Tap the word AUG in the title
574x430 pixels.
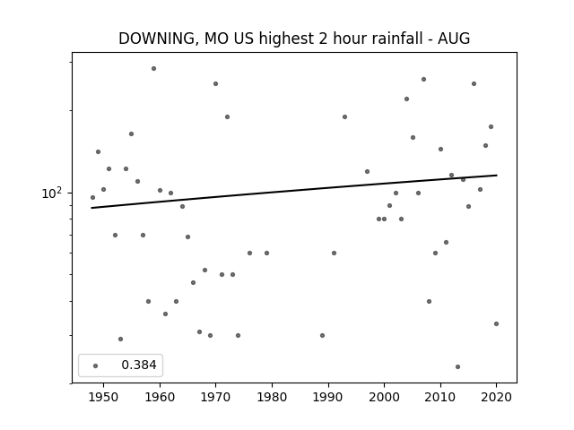pos(454,39)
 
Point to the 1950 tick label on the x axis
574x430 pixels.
pos(104,397)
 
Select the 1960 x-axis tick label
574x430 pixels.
pos(160,397)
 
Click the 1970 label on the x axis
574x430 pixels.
pos(216,397)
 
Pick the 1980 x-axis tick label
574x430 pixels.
pos(272,397)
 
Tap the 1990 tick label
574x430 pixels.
pos(328,397)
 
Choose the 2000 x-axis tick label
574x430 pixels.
pos(384,397)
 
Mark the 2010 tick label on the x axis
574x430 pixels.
pos(440,397)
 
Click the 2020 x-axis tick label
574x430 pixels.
pos(496,397)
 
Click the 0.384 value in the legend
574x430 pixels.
pos(139,365)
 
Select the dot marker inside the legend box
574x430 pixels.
pos(95,365)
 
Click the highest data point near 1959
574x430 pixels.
pos(153,68)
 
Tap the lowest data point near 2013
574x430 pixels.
pos(457,366)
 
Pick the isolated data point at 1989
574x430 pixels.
pos(322,335)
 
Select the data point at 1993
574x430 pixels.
pos(344,116)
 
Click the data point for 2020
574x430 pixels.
pos(496,323)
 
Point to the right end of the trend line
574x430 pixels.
pos(496,176)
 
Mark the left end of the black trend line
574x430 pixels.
pos(92,208)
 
